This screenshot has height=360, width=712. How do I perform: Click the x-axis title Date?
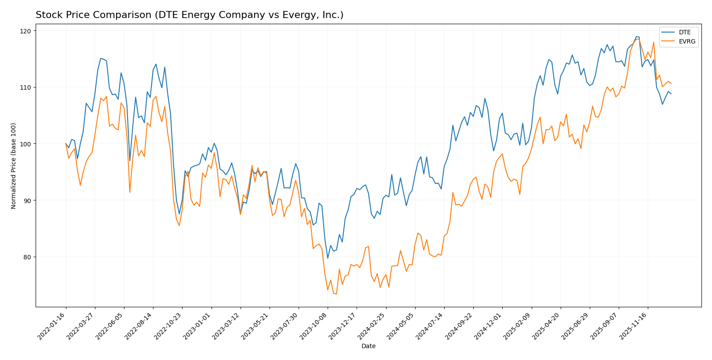coord(368,346)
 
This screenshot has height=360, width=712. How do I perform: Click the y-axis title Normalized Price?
coord(14,166)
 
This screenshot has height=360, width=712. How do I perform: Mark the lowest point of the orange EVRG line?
coord(336,294)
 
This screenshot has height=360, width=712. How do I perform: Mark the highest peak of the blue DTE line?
coord(636,36)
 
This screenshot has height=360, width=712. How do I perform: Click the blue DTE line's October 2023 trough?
coord(328,258)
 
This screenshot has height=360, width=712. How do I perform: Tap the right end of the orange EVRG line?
coord(671,84)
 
